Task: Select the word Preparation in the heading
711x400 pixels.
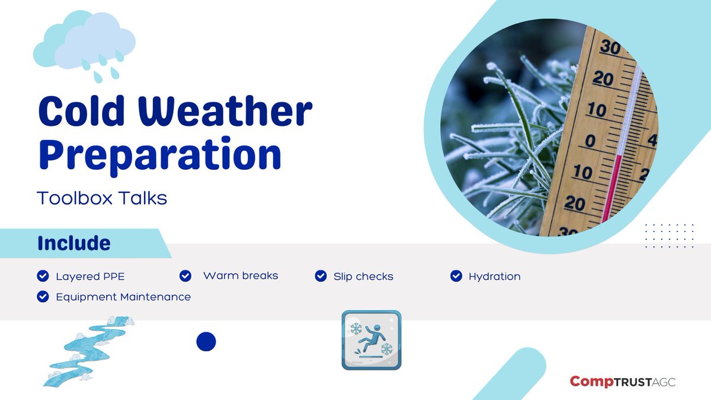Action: pyautogui.click(x=160, y=153)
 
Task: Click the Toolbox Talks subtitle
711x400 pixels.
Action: pyautogui.click(x=102, y=198)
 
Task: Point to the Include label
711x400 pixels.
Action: pyautogui.click(x=73, y=243)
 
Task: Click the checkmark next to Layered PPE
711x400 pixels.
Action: pyautogui.click(x=43, y=276)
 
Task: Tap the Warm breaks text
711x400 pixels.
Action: pyautogui.click(x=240, y=275)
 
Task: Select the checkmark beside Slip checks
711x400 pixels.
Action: pyautogui.click(x=321, y=276)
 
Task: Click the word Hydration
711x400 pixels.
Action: pyautogui.click(x=494, y=276)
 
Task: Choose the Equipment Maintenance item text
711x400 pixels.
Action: pyautogui.click(x=123, y=296)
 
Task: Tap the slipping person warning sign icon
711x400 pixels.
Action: pyautogui.click(x=371, y=340)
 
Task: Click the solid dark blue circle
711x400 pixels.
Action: pyautogui.click(x=206, y=341)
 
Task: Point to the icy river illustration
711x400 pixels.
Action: pyautogui.click(x=87, y=350)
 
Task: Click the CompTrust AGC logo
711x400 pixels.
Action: pyautogui.click(x=622, y=382)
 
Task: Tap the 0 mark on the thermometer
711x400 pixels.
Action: pyautogui.click(x=590, y=141)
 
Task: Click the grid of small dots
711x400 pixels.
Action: pyautogui.click(x=669, y=236)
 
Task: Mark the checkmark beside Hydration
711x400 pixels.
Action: pyautogui.click(x=456, y=276)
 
